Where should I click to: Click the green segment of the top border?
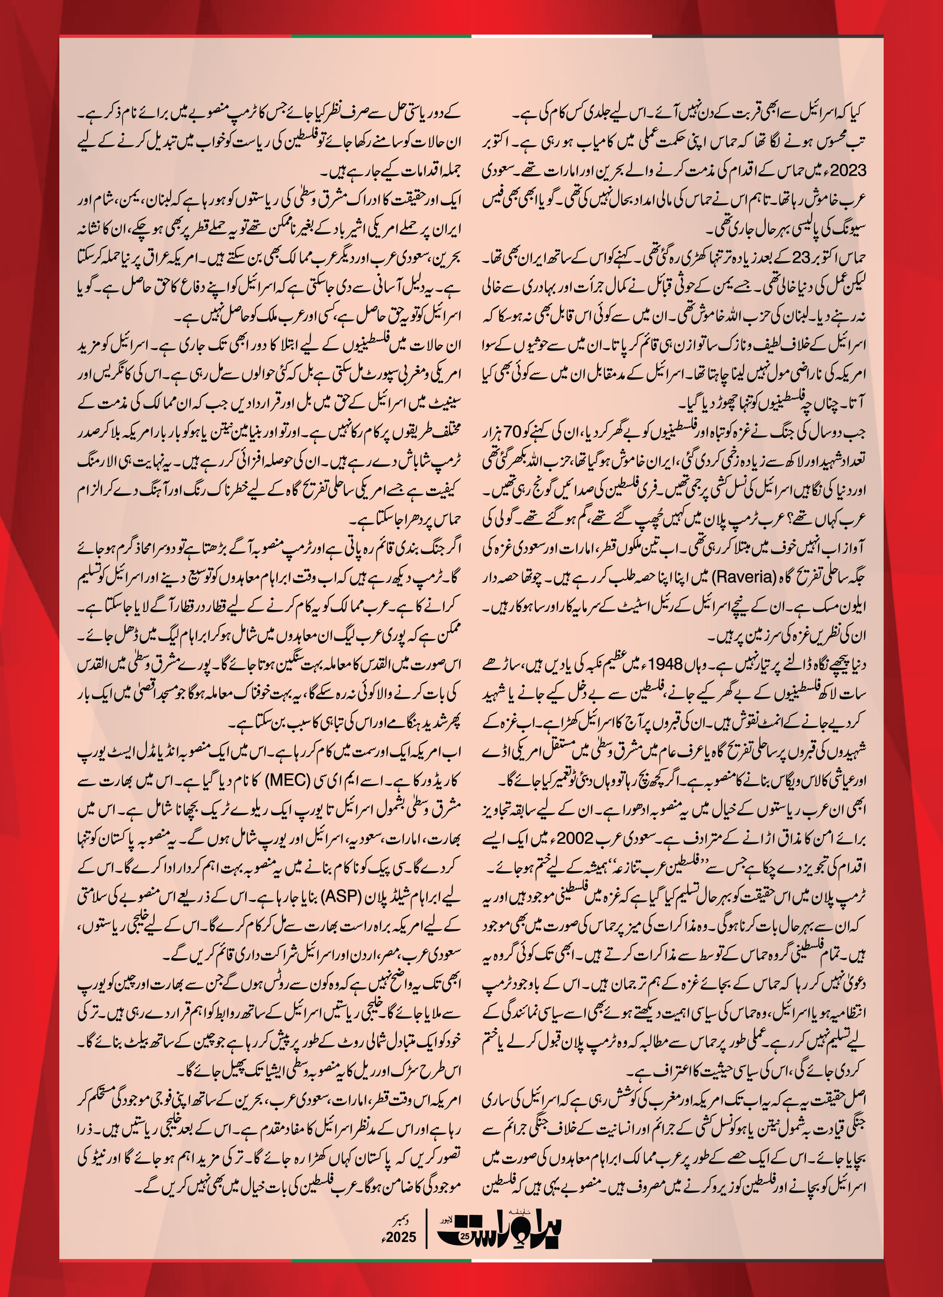point(381,37)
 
